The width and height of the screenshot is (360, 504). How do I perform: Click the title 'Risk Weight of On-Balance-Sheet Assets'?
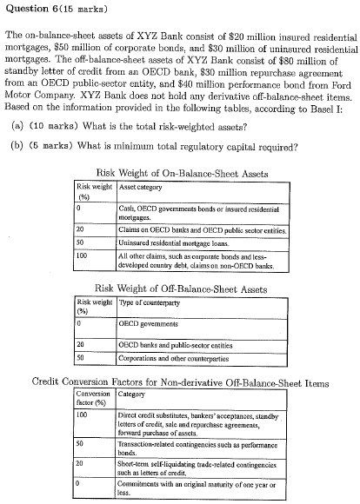180,174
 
